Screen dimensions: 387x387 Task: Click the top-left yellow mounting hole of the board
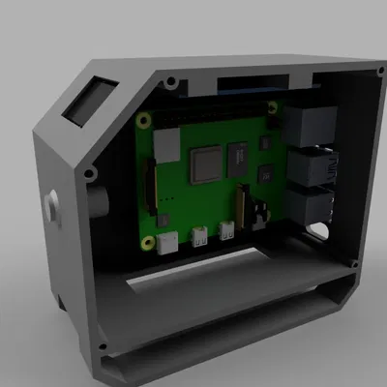[x=144, y=119]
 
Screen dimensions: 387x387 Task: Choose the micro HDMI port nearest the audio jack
[x=229, y=230]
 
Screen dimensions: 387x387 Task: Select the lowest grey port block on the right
[x=312, y=206]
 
